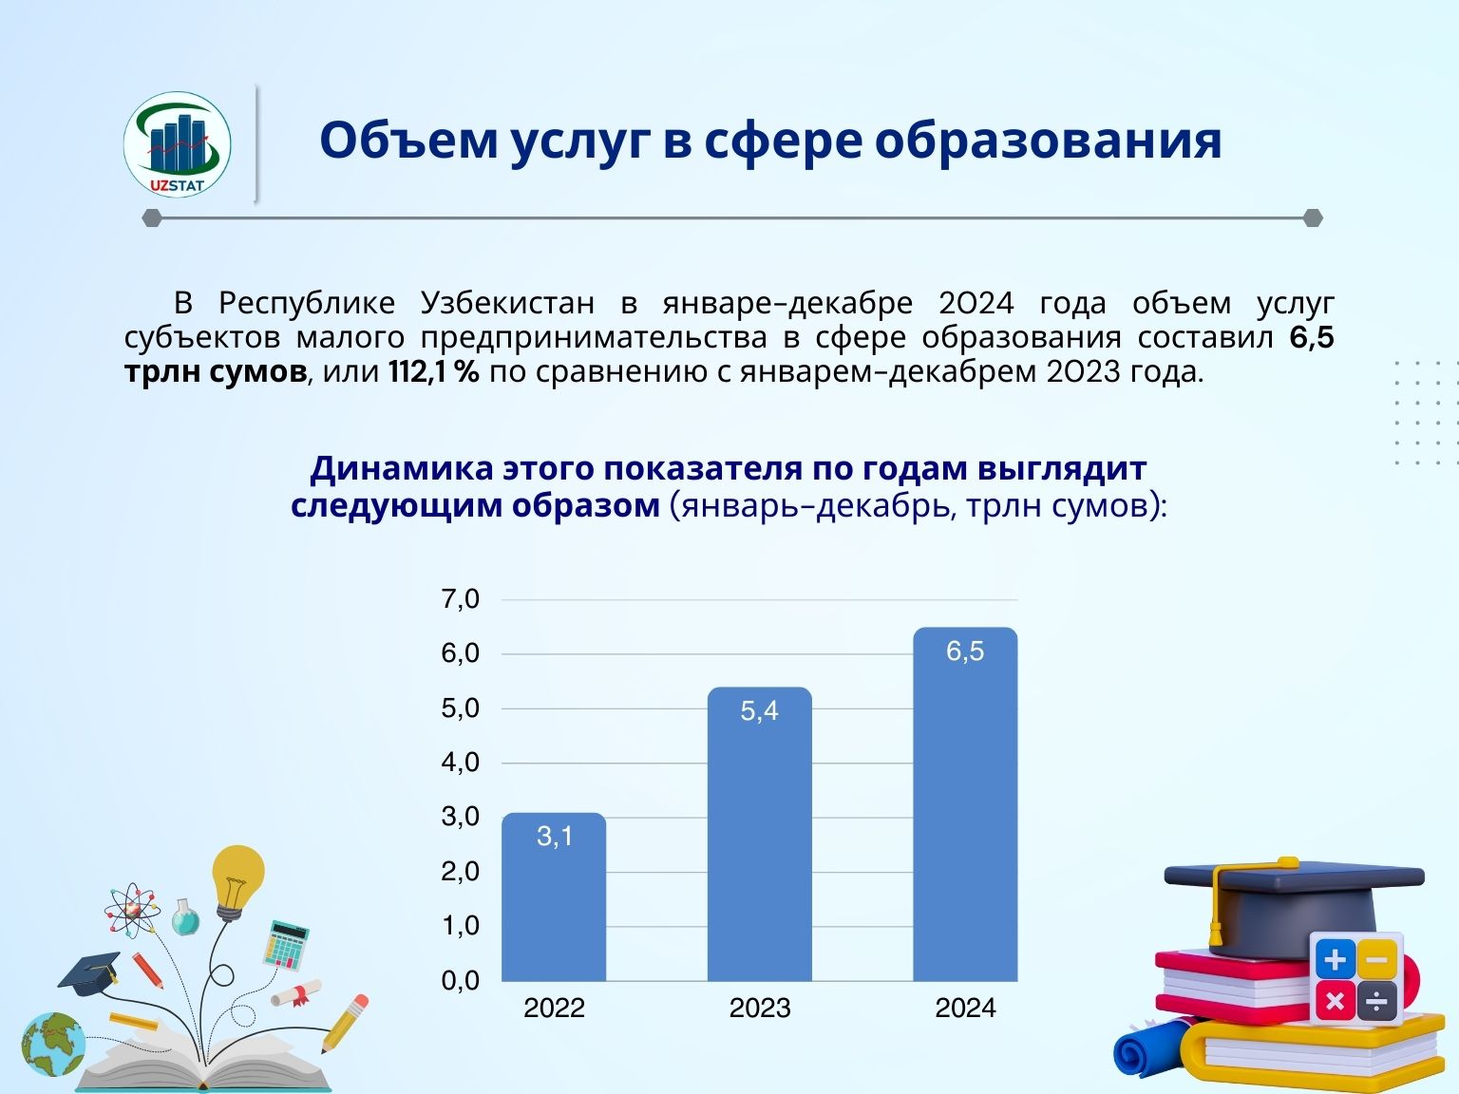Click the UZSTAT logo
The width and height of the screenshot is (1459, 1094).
(x=177, y=144)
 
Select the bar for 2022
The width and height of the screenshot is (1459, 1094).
(x=554, y=896)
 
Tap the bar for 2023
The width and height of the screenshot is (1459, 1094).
(x=760, y=835)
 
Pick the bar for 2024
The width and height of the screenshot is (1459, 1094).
(x=965, y=804)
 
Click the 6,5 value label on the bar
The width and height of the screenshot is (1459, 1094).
(x=965, y=651)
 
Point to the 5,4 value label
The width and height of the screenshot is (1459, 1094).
(x=760, y=710)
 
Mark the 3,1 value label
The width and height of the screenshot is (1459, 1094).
(x=555, y=837)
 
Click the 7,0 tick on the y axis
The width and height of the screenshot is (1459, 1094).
(x=460, y=599)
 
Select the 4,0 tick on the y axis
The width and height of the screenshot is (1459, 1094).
(x=460, y=763)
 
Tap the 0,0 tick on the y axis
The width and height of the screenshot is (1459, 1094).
(x=460, y=980)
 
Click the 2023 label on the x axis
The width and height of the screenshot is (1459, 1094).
(x=760, y=1009)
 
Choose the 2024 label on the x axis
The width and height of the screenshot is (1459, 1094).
(x=965, y=1009)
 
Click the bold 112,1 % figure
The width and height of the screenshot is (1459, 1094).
(x=433, y=371)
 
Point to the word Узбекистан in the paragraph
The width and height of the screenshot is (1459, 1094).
(x=508, y=304)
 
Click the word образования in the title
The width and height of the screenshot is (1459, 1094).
(x=1049, y=141)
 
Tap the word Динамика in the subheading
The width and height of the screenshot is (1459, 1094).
(x=402, y=468)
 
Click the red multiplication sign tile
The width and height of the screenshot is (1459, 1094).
(x=1335, y=1001)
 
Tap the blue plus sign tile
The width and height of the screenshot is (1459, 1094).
(x=1336, y=959)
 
